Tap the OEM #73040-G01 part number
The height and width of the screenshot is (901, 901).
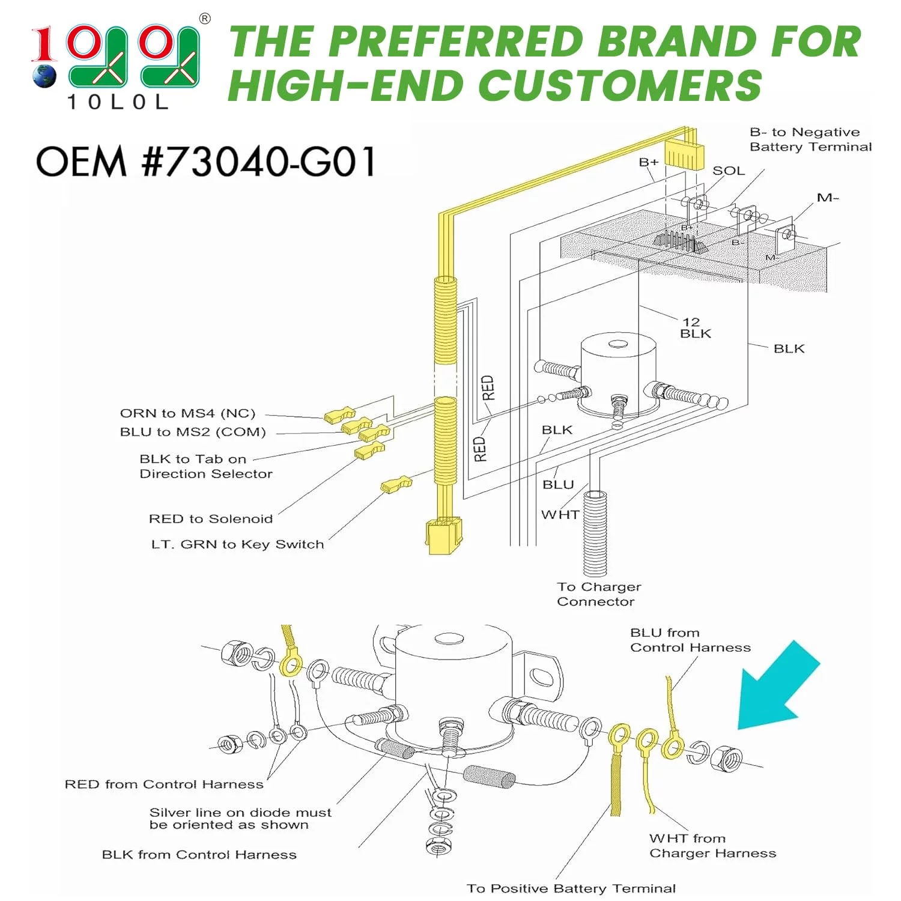click(x=206, y=162)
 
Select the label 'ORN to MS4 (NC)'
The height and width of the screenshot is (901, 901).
click(x=187, y=413)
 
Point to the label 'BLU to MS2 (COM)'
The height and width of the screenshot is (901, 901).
click(x=193, y=432)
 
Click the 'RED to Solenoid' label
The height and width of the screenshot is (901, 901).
click(x=211, y=518)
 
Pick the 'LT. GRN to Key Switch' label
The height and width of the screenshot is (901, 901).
click(x=237, y=544)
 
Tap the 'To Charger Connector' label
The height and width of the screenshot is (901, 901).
click(x=599, y=594)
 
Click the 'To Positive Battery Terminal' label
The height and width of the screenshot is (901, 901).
click(x=571, y=888)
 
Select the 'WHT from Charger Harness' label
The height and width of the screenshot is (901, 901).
click(x=713, y=846)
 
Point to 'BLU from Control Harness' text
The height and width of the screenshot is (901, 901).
click(x=691, y=640)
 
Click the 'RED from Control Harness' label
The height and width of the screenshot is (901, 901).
click(x=164, y=784)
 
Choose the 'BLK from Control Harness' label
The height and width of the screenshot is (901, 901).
click(x=199, y=854)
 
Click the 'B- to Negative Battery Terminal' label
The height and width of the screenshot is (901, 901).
click(x=811, y=139)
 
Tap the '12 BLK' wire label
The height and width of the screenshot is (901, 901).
click(x=695, y=328)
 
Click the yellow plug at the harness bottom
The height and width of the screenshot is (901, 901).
click(x=444, y=536)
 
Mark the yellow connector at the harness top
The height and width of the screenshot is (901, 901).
click(x=684, y=153)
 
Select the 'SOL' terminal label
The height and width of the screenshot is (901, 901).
click(x=729, y=171)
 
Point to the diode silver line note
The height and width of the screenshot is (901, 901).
click(x=240, y=819)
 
